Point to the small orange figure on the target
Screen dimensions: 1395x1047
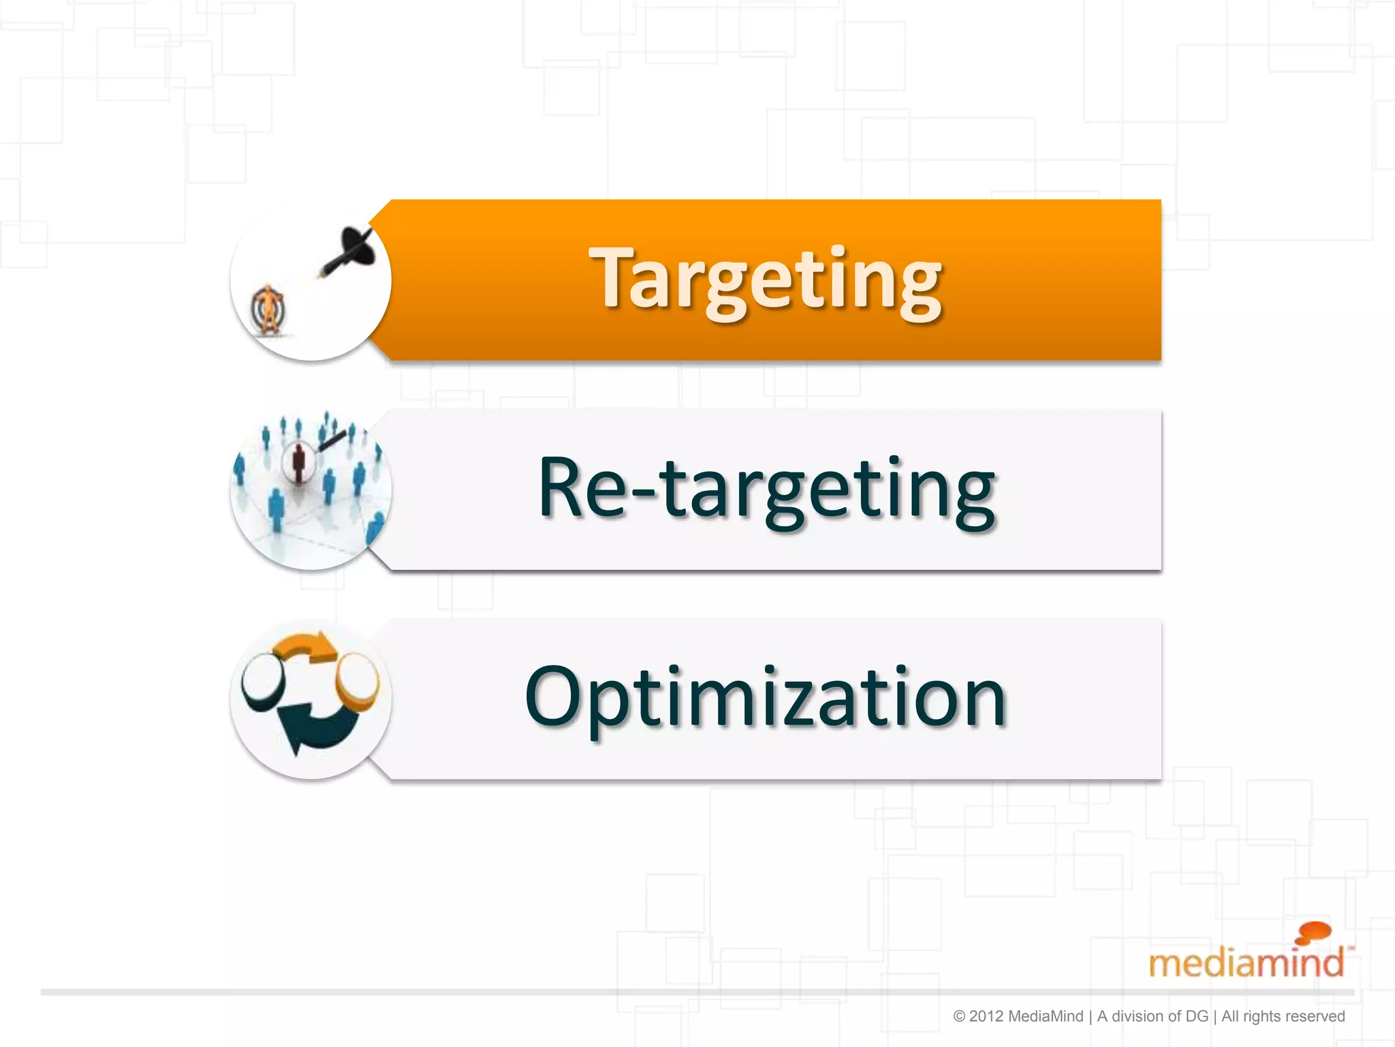point(268,310)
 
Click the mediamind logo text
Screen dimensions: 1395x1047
point(1246,962)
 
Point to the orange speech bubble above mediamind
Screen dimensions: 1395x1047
point(1313,932)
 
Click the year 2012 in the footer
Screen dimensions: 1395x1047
point(986,1016)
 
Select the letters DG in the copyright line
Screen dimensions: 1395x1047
point(1196,1016)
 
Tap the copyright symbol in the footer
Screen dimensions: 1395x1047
point(959,1016)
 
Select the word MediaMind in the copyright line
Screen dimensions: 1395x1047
point(1045,1016)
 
